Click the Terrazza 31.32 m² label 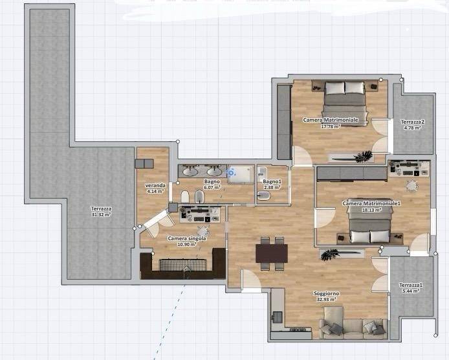(x=101, y=212)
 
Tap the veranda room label (x=155, y=188)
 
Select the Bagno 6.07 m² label (x=212, y=185)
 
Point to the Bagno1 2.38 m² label (x=272, y=185)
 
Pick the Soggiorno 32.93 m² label (x=326, y=297)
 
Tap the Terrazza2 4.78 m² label (x=412, y=125)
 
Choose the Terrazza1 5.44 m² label (x=411, y=287)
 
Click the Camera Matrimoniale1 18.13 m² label (x=371, y=207)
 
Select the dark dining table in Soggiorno (x=272, y=253)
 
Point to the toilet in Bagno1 (x=264, y=196)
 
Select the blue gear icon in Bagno (x=231, y=173)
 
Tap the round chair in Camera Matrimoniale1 (x=411, y=186)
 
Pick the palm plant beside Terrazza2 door (x=364, y=156)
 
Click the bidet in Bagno (x=199, y=197)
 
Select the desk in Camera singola (x=199, y=215)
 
